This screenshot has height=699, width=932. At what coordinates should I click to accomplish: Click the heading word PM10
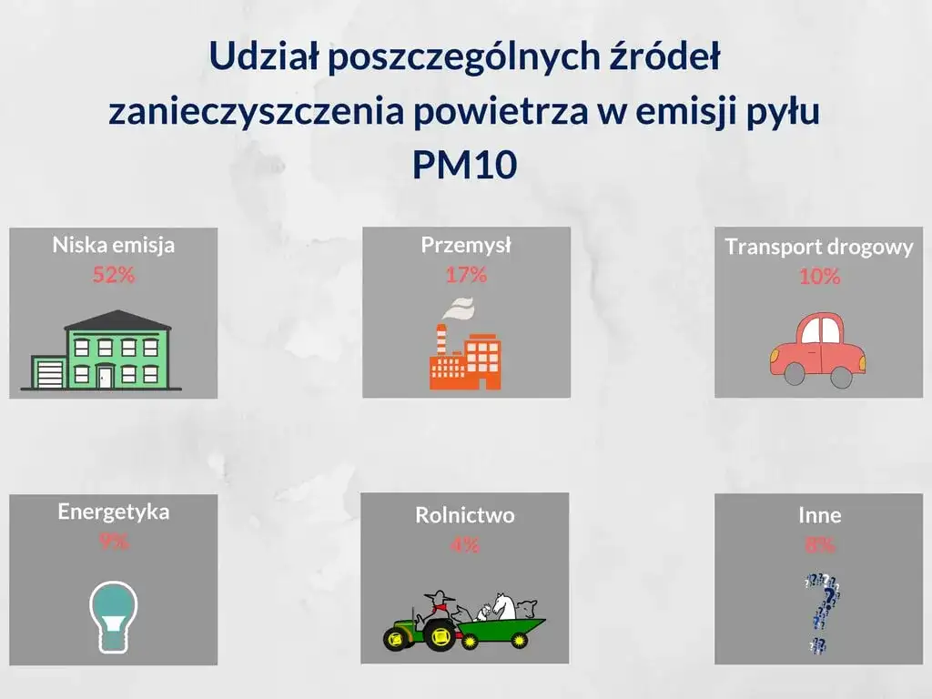click(464, 164)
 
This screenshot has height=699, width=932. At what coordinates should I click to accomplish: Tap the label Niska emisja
click(113, 245)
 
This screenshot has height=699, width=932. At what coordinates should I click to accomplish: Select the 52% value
click(113, 275)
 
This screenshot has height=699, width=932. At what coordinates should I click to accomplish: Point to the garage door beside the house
click(47, 373)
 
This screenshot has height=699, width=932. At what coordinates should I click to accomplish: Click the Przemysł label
click(466, 245)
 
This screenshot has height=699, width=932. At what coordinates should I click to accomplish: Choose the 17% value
click(466, 274)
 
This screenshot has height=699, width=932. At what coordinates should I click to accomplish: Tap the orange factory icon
click(466, 360)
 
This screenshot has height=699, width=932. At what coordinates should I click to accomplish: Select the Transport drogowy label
click(819, 248)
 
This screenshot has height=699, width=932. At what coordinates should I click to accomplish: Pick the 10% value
click(819, 278)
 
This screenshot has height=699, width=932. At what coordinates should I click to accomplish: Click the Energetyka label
click(113, 512)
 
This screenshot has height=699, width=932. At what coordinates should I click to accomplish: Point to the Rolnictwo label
click(464, 515)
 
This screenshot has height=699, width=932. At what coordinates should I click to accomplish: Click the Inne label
click(819, 515)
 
